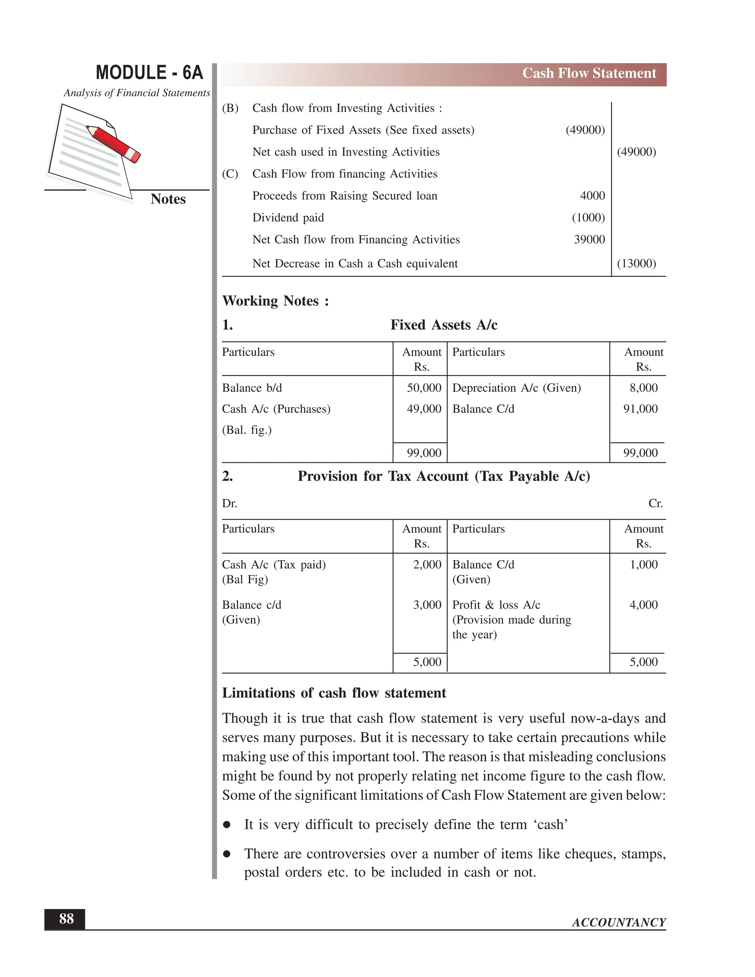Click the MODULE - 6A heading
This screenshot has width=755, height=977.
point(149,73)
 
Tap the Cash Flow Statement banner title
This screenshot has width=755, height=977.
point(589,73)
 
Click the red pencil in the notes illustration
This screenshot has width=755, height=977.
point(114,143)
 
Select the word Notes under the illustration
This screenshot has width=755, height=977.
point(168,199)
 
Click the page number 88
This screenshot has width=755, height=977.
point(66,918)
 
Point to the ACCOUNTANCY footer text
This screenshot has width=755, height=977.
point(619,922)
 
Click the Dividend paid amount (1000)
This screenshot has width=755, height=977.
point(588,218)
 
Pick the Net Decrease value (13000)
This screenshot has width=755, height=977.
point(636,264)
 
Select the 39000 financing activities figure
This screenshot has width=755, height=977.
point(589,240)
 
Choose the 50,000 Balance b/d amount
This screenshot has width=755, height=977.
point(424,388)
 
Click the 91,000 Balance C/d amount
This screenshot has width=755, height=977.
point(640,409)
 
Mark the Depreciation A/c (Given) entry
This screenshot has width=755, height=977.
point(516,388)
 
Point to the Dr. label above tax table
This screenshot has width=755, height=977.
point(229,504)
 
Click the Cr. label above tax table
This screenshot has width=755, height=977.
point(655,504)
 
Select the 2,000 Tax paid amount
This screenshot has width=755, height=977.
point(427,564)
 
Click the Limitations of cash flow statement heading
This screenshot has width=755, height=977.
point(334,693)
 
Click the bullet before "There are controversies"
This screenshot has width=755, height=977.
point(227,854)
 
